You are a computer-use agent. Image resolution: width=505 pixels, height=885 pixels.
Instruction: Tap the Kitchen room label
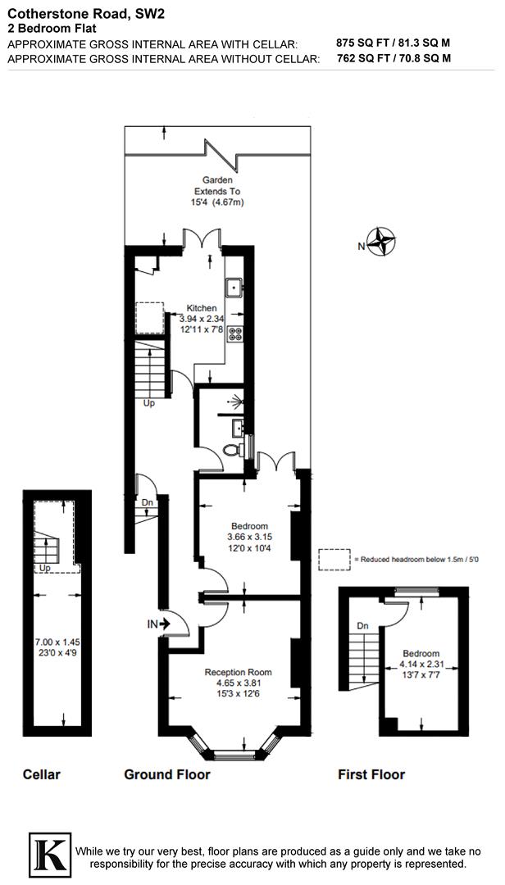pyautogui.click(x=202, y=309)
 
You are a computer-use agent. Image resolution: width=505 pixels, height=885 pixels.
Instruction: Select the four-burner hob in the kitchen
pyautogui.click(x=235, y=334)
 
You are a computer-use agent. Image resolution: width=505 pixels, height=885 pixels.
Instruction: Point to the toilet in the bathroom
pyautogui.click(x=233, y=449)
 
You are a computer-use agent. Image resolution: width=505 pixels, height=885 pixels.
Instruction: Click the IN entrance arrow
pyautogui.click(x=159, y=624)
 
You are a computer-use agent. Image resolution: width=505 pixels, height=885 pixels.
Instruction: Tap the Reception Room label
pyautogui.click(x=238, y=672)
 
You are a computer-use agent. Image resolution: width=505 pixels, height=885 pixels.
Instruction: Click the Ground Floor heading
pyautogui.click(x=167, y=774)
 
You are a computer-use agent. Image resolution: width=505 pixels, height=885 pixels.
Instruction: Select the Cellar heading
pyautogui.click(x=42, y=774)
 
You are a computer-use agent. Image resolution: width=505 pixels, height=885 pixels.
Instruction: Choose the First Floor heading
pyautogui.click(x=371, y=774)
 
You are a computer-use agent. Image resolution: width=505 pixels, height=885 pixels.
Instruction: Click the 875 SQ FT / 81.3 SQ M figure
pyautogui.click(x=394, y=43)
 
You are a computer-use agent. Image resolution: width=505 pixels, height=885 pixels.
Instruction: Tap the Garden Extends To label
pyautogui.click(x=218, y=185)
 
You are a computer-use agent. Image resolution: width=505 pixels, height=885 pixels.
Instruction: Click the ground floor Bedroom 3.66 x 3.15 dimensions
pyautogui.click(x=249, y=537)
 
